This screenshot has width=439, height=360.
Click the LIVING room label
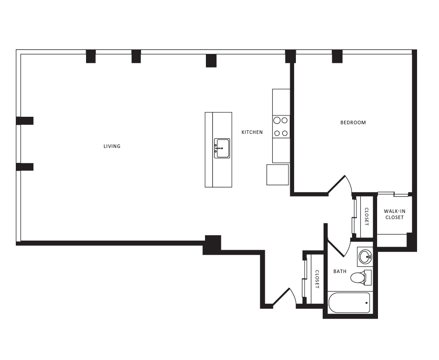pyautogui.click(x=112, y=146)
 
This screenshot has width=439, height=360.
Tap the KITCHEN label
pyautogui.click(x=252, y=132)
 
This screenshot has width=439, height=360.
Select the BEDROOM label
pyautogui.click(x=353, y=122)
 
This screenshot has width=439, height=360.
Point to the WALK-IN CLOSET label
pyautogui.click(x=394, y=214)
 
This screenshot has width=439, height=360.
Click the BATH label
pyautogui.click(x=340, y=271)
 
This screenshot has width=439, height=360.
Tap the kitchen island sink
pyautogui.click(x=222, y=148)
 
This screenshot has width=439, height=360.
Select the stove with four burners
pyautogui.click(x=281, y=126)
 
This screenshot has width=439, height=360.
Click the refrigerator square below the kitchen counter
pyautogui.click(x=277, y=175)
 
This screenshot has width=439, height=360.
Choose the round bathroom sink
pyautogui.click(x=365, y=256)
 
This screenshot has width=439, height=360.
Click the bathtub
pyautogui.click(x=349, y=303)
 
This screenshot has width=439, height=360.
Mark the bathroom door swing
pyautogui.click(x=340, y=248)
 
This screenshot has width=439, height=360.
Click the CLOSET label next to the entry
pyautogui.click(x=317, y=279)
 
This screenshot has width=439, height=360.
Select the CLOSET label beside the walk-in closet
pyautogui.click(x=367, y=216)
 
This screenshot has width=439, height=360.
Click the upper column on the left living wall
pyautogui.click(x=25, y=121)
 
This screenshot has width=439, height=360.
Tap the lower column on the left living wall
pyautogui.click(x=25, y=167)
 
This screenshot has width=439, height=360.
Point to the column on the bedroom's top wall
pyautogui.click(x=337, y=56)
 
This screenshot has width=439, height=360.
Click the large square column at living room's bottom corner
pyautogui.click(x=212, y=244)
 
